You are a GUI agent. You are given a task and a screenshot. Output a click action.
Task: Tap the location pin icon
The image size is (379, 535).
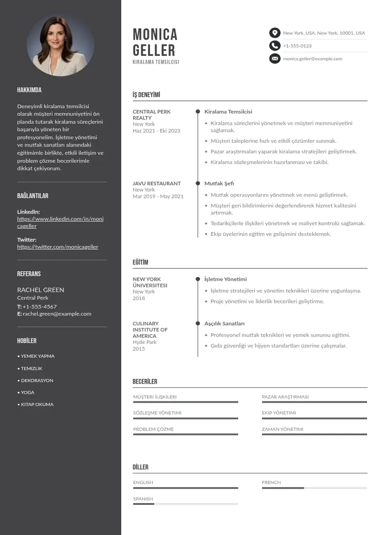click(274, 33)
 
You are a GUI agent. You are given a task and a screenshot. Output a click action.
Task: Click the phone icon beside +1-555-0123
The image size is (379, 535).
click(274, 46)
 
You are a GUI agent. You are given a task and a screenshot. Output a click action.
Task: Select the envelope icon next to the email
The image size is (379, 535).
click(274, 59)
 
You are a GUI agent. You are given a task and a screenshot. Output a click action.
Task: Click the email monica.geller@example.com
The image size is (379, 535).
click(313, 59)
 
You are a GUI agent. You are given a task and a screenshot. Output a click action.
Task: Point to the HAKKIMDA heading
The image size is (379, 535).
click(29, 90)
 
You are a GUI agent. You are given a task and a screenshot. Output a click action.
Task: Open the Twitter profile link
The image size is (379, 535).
click(58, 247)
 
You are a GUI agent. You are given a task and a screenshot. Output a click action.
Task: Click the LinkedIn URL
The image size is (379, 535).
click(60, 223)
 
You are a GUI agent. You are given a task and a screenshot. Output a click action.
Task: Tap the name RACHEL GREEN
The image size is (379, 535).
click(41, 290)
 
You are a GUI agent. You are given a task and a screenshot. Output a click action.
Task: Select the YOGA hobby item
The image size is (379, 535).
click(27, 392)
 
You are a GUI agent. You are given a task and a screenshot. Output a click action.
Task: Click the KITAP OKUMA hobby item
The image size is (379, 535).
click(37, 405)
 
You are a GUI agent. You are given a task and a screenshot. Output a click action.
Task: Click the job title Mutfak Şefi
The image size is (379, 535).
click(219, 183)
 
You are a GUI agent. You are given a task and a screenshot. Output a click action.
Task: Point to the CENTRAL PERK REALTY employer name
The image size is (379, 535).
click(151, 115)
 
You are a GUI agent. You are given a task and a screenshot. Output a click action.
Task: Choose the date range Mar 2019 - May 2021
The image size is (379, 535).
click(158, 196)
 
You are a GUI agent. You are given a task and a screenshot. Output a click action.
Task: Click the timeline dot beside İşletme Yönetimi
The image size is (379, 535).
click(198, 279)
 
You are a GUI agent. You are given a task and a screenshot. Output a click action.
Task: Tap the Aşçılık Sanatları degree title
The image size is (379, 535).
click(224, 323)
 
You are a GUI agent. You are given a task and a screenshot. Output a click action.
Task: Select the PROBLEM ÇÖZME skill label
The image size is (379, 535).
click(153, 429)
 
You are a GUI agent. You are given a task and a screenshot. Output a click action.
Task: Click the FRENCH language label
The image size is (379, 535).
click(271, 482)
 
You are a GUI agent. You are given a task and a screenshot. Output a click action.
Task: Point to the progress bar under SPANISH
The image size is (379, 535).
click(185, 504)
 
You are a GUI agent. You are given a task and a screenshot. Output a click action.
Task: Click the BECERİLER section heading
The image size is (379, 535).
click(145, 382)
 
